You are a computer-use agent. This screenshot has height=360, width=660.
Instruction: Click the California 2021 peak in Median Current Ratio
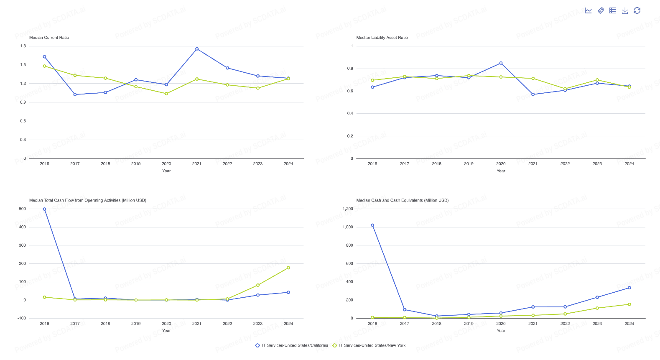coord(197,49)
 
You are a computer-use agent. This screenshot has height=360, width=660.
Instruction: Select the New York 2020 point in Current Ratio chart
coord(166,94)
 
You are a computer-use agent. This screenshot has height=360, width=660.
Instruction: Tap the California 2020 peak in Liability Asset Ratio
coord(501,63)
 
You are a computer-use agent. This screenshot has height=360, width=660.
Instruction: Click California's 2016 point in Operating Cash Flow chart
coord(44,209)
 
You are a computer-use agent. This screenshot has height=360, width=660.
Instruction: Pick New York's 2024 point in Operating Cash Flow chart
coord(288,268)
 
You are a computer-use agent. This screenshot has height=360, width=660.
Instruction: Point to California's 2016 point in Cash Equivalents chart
coord(372,225)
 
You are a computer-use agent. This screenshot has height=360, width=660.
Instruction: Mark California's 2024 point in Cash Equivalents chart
coord(629,288)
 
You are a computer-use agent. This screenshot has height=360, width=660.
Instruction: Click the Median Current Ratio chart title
coord(49,38)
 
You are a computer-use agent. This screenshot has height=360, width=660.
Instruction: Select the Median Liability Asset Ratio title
coord(382,38)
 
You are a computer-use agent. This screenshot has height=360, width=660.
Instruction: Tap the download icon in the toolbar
coord(625,11)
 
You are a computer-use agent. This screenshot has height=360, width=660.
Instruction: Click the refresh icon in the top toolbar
coord(637,11)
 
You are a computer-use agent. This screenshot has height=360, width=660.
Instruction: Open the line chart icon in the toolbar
coord(588,11)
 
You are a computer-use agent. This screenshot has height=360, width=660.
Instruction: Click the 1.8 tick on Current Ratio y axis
coord(23,46)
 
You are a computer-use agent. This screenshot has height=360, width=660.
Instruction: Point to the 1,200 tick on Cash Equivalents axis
coord(348,209)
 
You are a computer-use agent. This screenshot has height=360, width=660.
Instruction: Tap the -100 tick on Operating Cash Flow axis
coord(22,318)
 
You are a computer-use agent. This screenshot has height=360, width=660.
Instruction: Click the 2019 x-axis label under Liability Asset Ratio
coord(469,164)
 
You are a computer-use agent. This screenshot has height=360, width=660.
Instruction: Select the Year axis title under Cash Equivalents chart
coord(501,331)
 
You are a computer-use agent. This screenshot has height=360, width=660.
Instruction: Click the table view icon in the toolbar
coord(613,11)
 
